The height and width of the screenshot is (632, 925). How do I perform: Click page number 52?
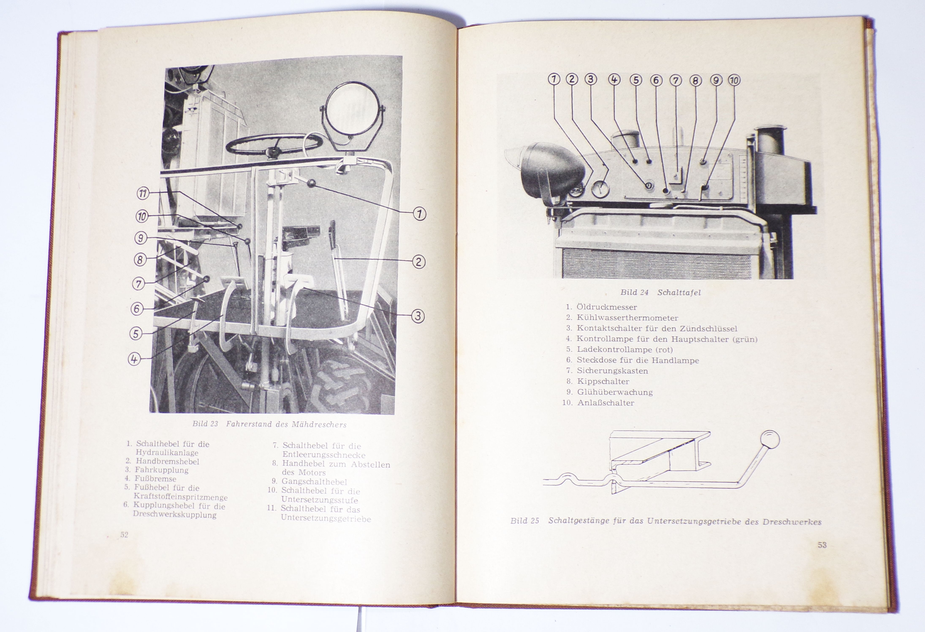pyautogui.click(x=124, y=534)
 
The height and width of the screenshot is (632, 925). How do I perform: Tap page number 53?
pyautogui.click(x=822, y=545)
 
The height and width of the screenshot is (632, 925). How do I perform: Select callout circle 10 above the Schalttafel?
pyautogui.click(x=734, y=80)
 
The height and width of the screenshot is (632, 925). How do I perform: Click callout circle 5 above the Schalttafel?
pyautogui.click(x=636, y=80)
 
